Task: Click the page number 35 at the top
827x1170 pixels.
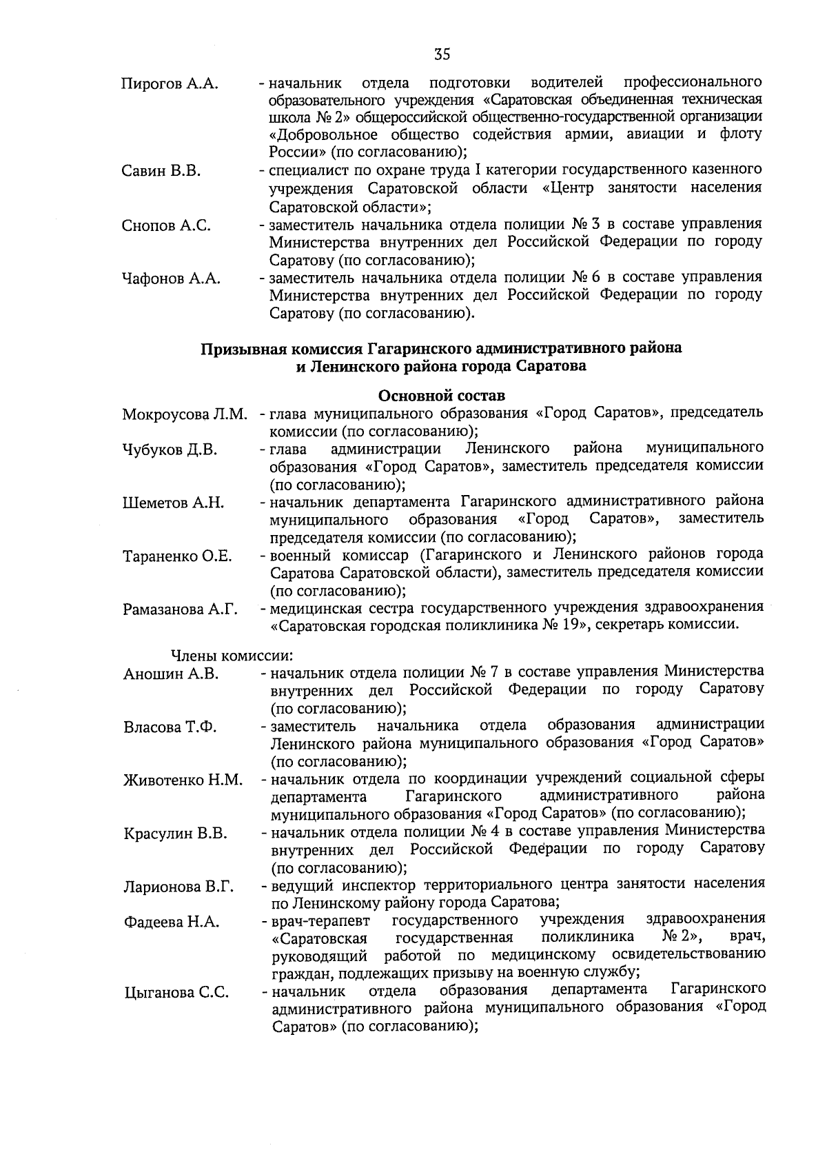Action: point(442,54)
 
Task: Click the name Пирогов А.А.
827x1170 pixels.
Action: point(170,84)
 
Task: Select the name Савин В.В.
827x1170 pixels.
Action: point(161,171)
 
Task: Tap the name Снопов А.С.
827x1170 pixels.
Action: point(166,225)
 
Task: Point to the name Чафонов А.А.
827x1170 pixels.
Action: point(171,279)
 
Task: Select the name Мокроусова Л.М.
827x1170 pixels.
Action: point(184,414)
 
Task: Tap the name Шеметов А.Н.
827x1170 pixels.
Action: point(173,503)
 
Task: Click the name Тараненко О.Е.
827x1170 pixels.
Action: point(177,557)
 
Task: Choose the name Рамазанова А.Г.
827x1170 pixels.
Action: point(180,610)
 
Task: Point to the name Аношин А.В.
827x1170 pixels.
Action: point(171,674)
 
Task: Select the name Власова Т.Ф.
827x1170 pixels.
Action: point(170,727)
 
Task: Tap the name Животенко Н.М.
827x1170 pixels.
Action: point(183,780)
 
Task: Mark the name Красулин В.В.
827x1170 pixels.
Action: point(175,834)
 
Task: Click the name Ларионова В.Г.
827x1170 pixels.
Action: point(178,887)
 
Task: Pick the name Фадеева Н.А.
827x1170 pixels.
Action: point(172,922)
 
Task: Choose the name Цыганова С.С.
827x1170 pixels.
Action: point(176,993)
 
